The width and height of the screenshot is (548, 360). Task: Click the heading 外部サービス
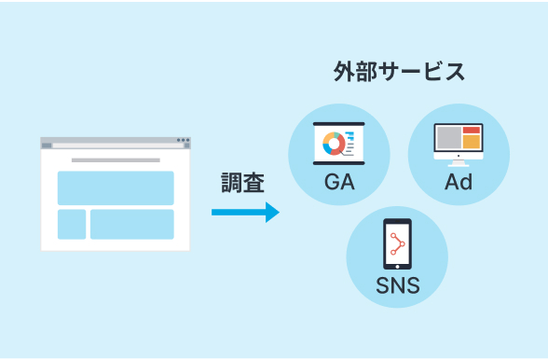399,72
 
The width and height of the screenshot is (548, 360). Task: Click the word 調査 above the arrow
243,183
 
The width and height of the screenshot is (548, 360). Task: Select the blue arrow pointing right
244,213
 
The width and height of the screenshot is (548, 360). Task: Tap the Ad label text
458,182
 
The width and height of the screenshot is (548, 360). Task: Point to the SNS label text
398,285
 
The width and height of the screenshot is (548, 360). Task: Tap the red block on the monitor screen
472,131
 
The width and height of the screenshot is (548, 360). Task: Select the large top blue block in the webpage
116,188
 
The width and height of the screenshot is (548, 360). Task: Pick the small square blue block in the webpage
72,224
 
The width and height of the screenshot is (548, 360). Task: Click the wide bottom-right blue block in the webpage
131,224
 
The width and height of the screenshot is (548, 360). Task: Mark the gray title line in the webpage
116,160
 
